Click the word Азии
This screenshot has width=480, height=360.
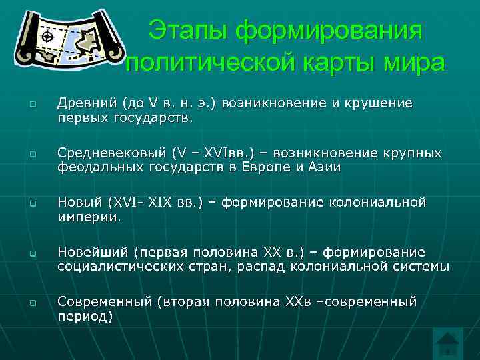[322, 167]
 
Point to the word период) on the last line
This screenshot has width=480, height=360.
[85, 316]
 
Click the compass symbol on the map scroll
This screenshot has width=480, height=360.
[47, 36]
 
